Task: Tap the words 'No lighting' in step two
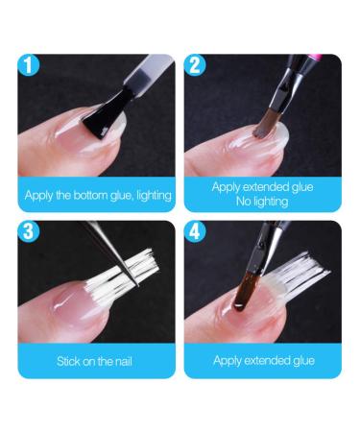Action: (x=261, y=203)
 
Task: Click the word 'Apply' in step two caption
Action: (x=228, y=187)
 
